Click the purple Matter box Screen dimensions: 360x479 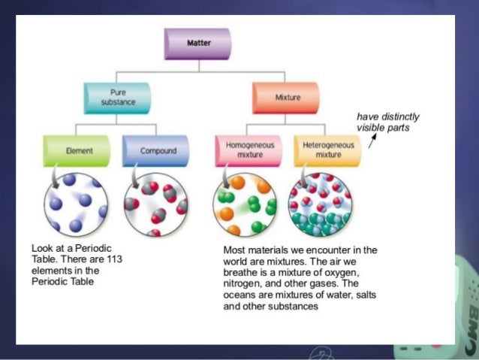coord(198,44)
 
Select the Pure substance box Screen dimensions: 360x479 coord(117,98)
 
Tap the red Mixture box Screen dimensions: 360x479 coord(287,98)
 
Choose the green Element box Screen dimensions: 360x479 coord(78,151)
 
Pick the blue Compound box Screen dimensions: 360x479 coord(157,151)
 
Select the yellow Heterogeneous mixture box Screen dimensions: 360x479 coord(327,150)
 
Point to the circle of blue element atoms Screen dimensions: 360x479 coord(77,204)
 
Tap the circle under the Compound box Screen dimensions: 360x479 coord(156,204)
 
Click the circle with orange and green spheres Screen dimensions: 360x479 coord(245,204)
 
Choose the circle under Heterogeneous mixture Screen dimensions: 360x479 coord(323,204)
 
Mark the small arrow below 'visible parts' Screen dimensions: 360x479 coord(371,142)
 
